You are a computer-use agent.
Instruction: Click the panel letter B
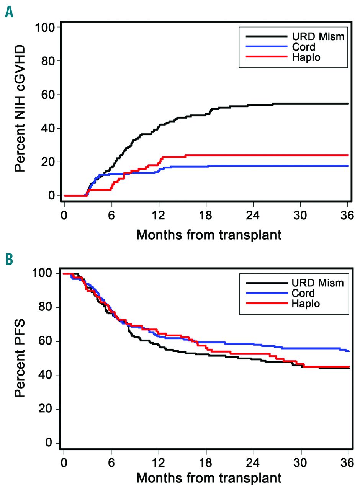[9, 259]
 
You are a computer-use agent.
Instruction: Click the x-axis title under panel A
[209, 234]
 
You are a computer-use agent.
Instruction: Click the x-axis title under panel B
[209, 477]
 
